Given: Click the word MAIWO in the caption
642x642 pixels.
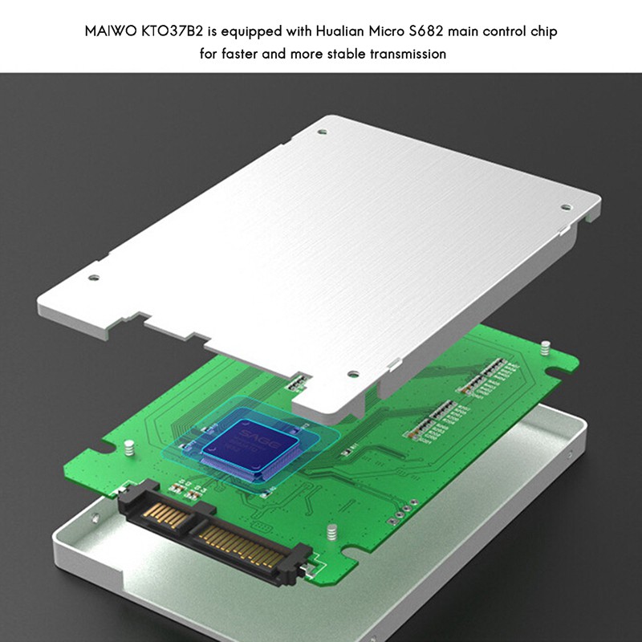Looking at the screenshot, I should click(106, 33).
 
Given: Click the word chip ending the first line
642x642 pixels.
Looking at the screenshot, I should click(542, 33).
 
